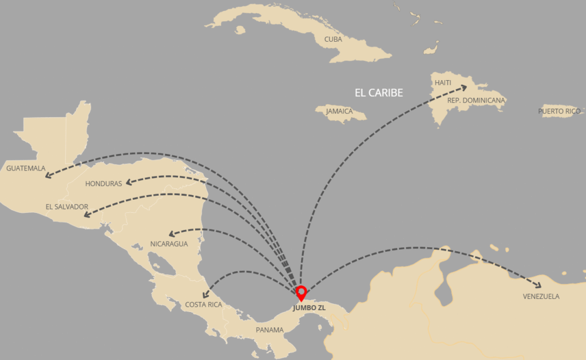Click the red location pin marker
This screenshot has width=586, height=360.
point(301,292)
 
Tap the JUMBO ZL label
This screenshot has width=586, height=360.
point(308,308)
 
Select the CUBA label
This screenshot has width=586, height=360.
point(333,39)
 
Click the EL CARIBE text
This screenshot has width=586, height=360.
point(379,93)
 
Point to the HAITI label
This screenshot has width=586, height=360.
point(443,83)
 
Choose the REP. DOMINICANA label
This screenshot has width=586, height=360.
point(476,100)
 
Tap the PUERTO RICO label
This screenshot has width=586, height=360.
point(559,111)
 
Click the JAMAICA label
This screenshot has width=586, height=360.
point(339,111)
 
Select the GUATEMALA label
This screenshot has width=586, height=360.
point(26,168)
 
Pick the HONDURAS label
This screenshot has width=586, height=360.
point(104,184)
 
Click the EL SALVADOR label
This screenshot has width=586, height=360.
point(67,207)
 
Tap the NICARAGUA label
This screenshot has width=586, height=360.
point(169,244)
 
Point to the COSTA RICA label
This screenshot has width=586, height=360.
point(203,304)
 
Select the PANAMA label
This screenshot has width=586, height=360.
point(270,330)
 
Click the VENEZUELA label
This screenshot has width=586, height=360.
point(541,296)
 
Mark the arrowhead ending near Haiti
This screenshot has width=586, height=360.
point(462,88)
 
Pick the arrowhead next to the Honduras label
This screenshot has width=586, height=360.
point(129,183)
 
